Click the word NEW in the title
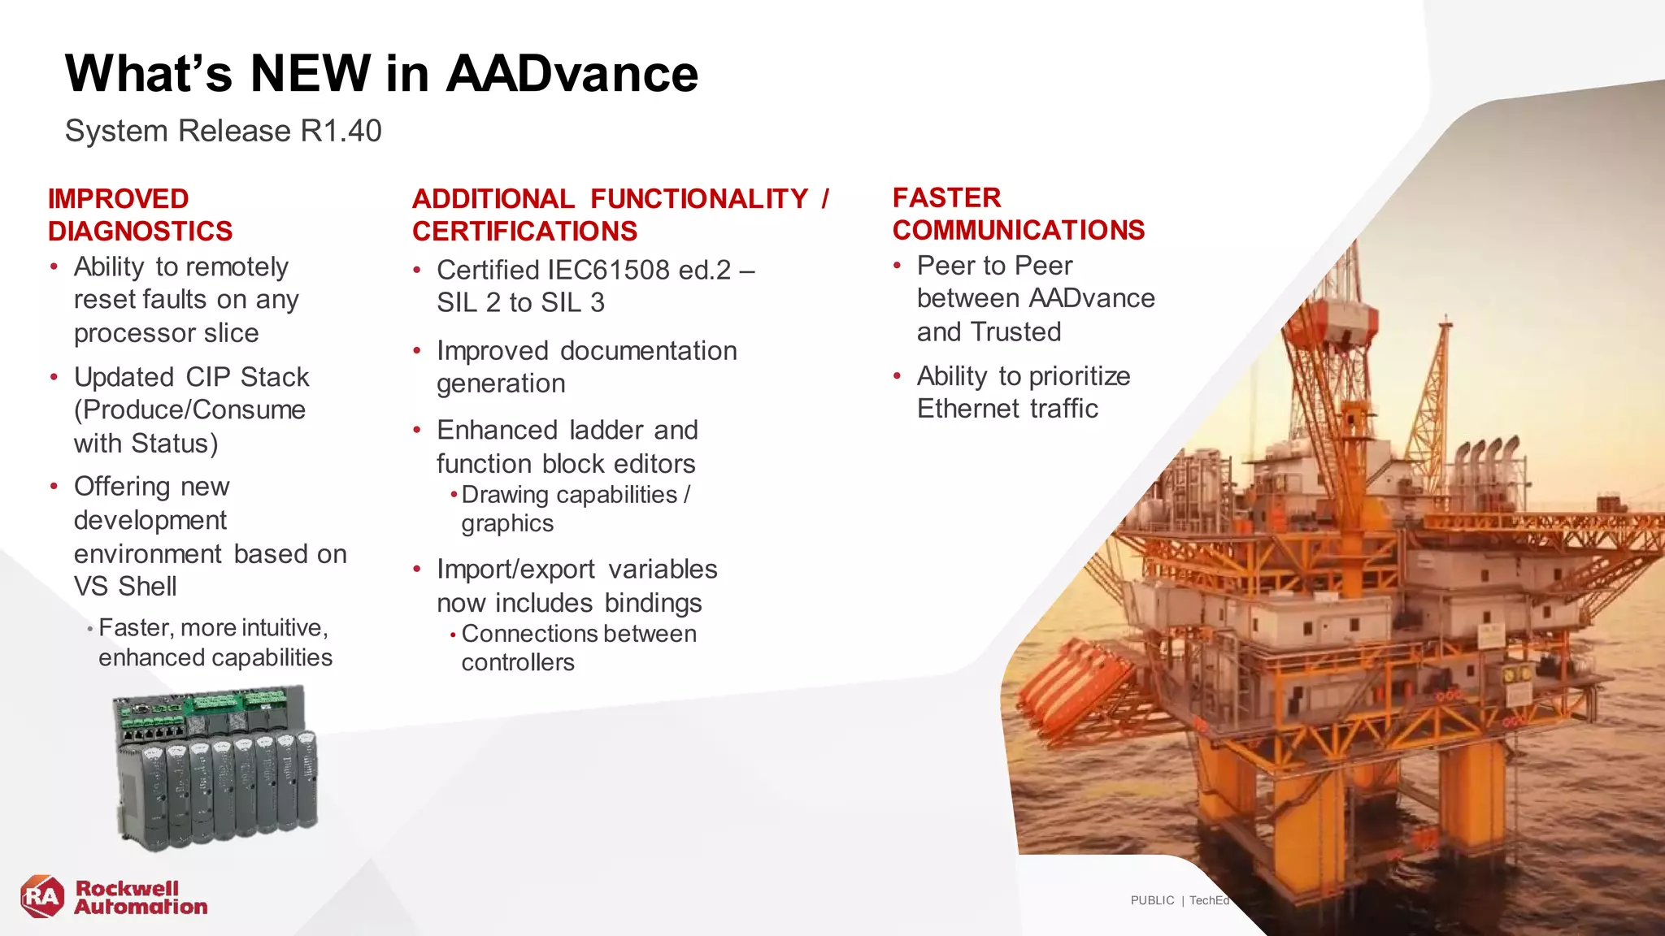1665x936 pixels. coord(310,73)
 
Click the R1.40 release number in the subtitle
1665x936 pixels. coord(341,131)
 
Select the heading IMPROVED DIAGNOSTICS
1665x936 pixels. coord(140,214)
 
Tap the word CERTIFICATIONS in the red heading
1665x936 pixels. coord(524,232)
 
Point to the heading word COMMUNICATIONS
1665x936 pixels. coord(1018,231)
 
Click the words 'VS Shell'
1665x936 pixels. coord(125,587)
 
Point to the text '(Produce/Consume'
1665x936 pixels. coord(189,410)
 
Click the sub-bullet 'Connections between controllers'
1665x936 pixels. coord(578,648)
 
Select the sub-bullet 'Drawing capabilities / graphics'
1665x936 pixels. coord(575,509)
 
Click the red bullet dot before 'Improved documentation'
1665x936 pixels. coord(417,351)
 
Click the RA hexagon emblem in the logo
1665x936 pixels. coord(42,897)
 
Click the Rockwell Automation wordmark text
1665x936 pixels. coord(141,898)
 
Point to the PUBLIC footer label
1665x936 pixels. coord(1152,900)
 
